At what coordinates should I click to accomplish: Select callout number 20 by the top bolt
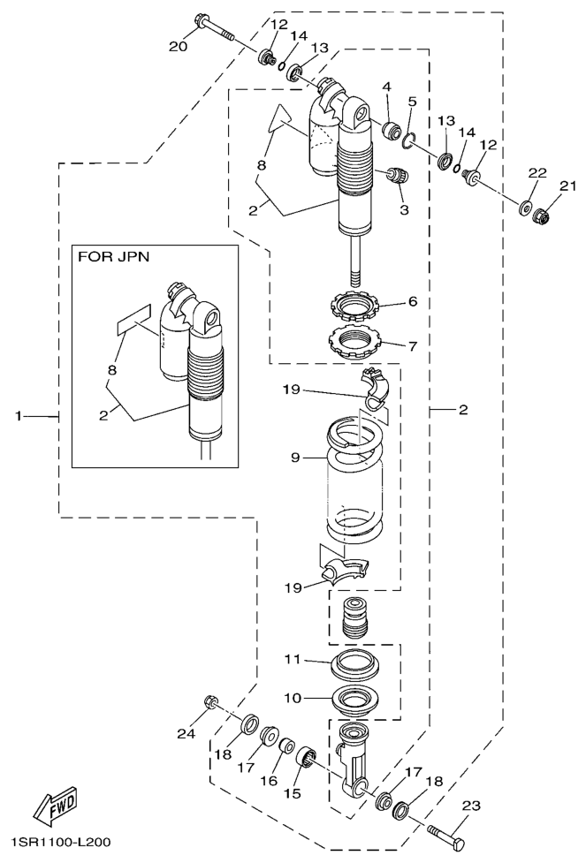point(178,46)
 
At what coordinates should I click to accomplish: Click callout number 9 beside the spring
point(296,458)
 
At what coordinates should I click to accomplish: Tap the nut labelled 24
point(211,702)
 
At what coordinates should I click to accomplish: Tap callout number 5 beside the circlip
point(410,102)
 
